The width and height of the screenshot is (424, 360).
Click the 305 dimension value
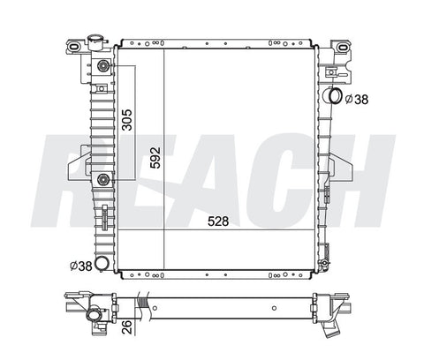(x=127, y=120)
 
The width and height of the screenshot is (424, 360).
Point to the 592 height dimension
(x=155, y=158)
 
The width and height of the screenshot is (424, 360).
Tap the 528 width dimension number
(x=218, y=221)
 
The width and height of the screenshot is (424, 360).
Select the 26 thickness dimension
(x=127, y=326)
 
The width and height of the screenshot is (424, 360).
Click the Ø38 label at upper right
(x=357, y=100)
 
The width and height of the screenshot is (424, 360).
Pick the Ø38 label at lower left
(x=81, y=266)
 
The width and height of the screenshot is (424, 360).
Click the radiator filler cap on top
(x=97, y=41)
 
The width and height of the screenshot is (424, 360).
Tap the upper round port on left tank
(x=103, y=65)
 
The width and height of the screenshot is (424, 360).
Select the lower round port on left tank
(x=103, y=179)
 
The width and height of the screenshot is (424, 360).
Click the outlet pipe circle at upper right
(x=335, y=95)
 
